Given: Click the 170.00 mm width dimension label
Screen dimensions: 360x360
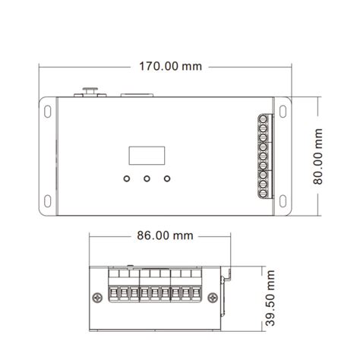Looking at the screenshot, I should click(x=171, y=65).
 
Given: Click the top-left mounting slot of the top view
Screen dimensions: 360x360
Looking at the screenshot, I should click(x=48, y=110).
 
